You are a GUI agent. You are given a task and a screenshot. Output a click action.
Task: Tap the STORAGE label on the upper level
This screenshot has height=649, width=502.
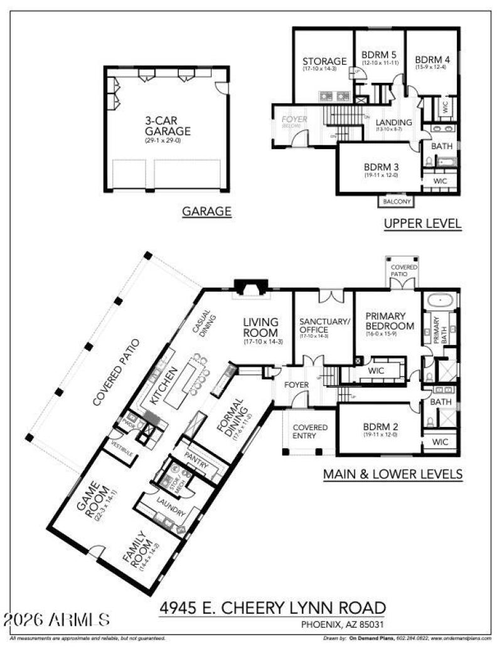pyautogui.click(x=324, y=61)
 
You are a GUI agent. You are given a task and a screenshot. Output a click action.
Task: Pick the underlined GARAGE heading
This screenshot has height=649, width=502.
pyautogui.click(x=206, y=212)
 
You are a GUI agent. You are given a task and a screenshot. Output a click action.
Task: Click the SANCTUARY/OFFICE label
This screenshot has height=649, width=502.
pyautogui.click(x=323, y=325)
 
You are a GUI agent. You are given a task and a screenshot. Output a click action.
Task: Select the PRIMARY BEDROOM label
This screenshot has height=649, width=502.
pyautogui.click(x=390, y=320)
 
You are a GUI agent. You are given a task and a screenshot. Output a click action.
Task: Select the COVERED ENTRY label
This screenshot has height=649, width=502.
pyautogui.click(x=310, y=432)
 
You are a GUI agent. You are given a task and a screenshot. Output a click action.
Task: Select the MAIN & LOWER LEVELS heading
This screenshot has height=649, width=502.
pyautogui.click(x=393, y=475)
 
